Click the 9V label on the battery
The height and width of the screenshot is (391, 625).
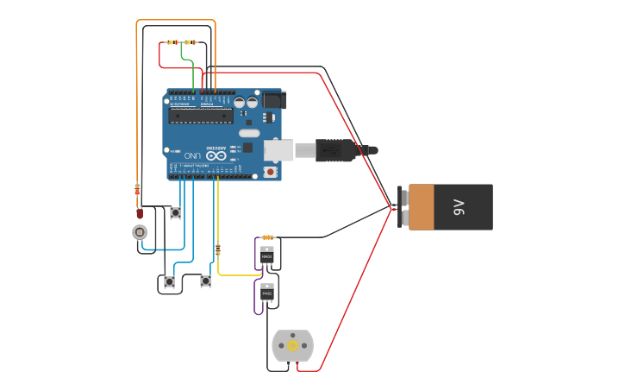point(459,207)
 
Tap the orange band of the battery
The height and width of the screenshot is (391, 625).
point(421,207)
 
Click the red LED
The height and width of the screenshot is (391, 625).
point(140,212)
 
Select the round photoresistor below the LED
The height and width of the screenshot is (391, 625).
point(140,231)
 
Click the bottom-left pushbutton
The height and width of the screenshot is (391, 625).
point(169,281)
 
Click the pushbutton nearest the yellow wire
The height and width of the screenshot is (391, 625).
point(205,281)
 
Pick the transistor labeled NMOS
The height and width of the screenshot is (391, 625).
point(267,255)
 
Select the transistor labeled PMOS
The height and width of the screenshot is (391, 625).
point(267,293)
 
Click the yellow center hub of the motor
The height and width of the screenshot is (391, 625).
point(292,345)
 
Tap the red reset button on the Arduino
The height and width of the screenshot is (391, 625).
point(271,172)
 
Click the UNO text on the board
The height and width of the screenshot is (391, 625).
point(192,155)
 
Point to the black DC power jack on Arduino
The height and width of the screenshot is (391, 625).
point(274,100)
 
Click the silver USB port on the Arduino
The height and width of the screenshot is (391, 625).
point(278,150)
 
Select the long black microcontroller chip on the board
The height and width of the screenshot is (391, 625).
point(200,115)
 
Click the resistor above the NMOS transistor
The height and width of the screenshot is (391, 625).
point(268,236)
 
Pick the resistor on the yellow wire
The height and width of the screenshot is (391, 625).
point(217,249)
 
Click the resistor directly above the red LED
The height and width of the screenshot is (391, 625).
point(137,189)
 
